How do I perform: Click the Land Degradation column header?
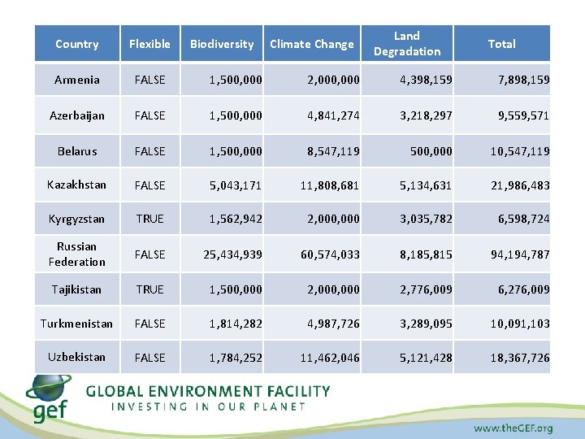coord(406,44)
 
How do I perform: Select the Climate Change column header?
coord(312,44)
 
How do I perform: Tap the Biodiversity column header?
coord(222,44)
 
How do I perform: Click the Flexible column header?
coord(149,44)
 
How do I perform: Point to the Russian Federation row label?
coord(76,254)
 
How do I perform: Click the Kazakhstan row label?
coord(76,185)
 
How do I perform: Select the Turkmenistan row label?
coord(76,324)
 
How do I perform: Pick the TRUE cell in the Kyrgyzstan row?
coord(149,219)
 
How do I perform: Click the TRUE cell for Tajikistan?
coord(149,289)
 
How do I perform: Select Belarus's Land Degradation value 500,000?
coord(431,151)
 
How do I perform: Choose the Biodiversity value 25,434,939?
coord(232,254)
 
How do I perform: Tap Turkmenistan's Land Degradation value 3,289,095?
coord(421,324)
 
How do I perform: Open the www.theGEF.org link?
coord(513,428)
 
